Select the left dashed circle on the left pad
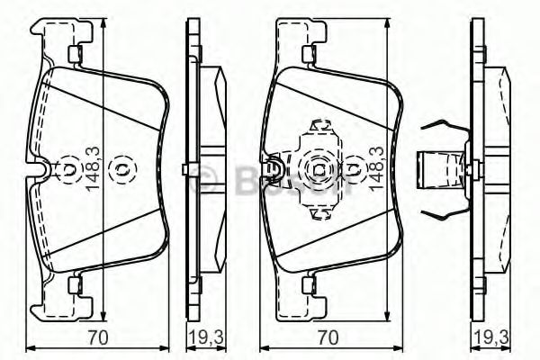(x=68, y=169)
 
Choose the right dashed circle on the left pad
(x=121, y=169)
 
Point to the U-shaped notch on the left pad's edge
(x=36, y=169)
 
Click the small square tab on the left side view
(x=184, y=169)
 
